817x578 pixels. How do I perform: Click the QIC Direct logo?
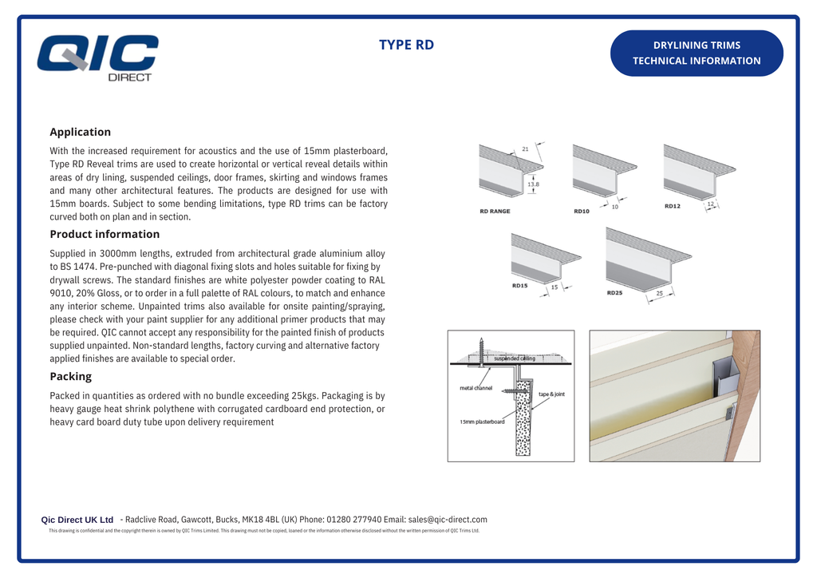tap(97, 57)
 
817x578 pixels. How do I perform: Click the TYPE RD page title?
tap(406, 45)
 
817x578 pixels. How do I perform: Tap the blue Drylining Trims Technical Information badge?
tap(697, 53)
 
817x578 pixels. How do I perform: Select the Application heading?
tap(80, 132)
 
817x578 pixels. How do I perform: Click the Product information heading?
tap(105, 234)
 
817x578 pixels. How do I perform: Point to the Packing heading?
tap(70, 376)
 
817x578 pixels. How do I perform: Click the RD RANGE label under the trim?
tap(495, 211)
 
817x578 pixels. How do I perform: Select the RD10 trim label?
tap(581, 211)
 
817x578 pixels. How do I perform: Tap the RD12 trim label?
tap(673, 206)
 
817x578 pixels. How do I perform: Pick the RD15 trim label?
tap(519, 285)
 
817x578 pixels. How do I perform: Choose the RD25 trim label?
tap(614, 293)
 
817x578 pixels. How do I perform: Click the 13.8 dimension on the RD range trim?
tap(533, 184)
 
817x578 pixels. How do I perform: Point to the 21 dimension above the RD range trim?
tap(525, 148)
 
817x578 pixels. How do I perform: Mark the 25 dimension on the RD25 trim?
tap(659, 294)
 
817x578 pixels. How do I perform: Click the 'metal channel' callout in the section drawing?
tap(476, 388)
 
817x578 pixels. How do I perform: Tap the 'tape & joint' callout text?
tap(551, 394)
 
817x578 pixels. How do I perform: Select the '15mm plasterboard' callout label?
tap(482, 422)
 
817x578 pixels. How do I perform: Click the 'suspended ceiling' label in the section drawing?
tap(514, 358)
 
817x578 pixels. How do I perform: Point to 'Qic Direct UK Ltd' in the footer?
tap(77, 520)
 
